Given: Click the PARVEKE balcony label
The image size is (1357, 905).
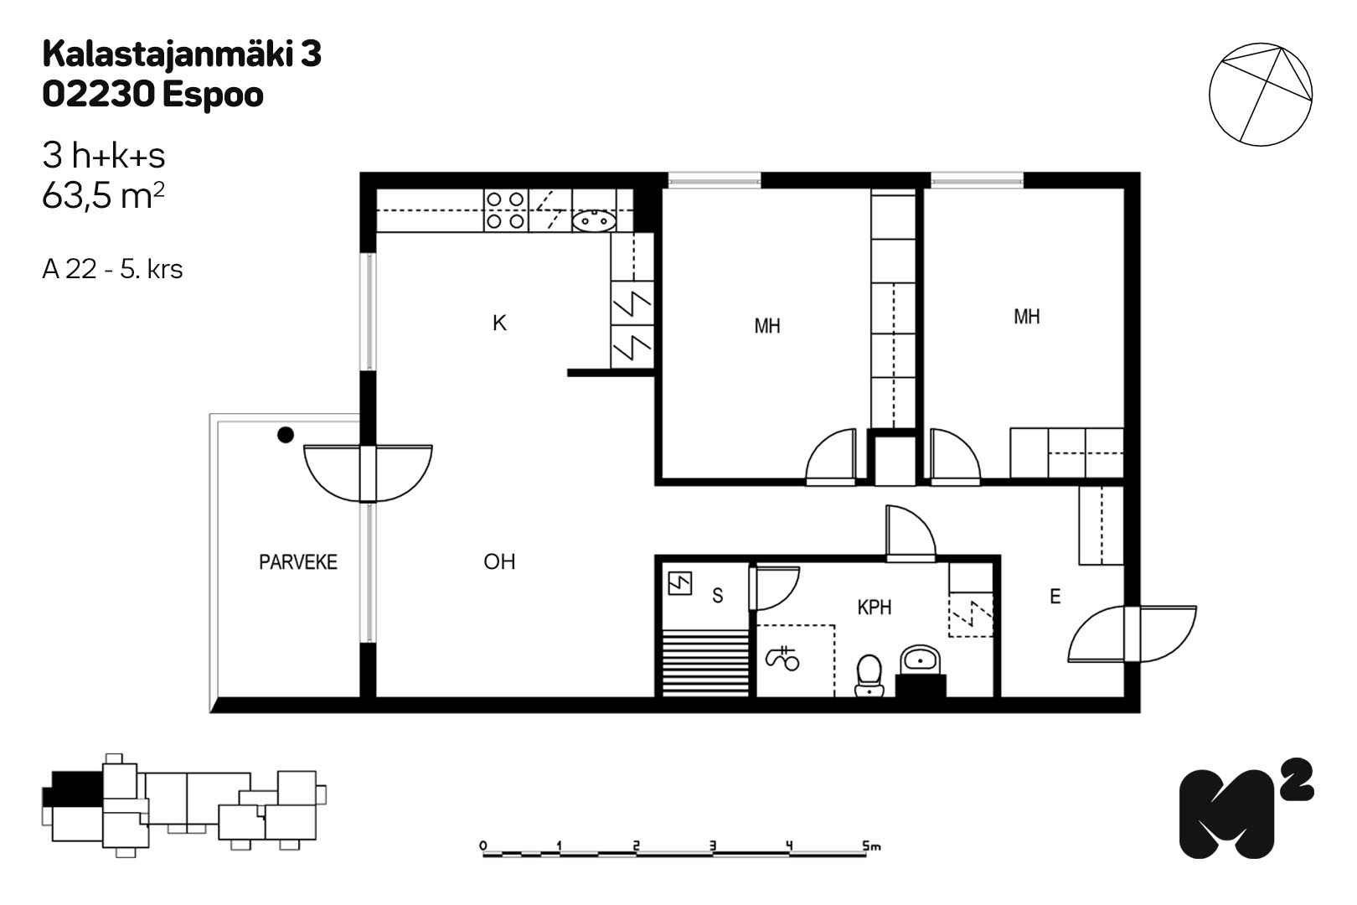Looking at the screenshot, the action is [298, 562].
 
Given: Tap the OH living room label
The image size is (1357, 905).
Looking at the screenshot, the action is [499, 562].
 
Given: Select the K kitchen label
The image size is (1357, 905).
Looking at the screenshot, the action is [499, 323].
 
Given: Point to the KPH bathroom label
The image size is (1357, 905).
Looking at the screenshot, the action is [875, 607].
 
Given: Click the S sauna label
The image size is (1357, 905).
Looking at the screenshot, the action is [717, 596].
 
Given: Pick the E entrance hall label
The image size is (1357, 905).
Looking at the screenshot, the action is [1055, 597].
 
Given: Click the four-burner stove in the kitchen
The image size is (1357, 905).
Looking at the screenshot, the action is [506, 210].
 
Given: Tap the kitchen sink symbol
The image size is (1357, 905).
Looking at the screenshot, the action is [594, 220].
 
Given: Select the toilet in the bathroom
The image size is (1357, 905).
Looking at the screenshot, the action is [869, 675].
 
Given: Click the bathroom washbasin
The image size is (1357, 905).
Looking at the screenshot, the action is [921, 659].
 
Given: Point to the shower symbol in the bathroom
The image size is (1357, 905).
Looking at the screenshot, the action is [782, 659].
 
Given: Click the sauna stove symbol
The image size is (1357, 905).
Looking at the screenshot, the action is [679, 584].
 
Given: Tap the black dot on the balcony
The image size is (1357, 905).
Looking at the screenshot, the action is [286, 435].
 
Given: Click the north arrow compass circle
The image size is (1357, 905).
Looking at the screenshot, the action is [1261, 94].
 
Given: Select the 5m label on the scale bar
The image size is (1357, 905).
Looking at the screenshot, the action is [871, 845].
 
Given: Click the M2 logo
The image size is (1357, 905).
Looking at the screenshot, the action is [1246, 808].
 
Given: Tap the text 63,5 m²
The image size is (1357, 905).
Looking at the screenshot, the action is [103, 196].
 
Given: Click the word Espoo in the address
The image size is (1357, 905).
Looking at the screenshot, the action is [213, 96].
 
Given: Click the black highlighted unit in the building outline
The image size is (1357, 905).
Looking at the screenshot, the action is [77, 789].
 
